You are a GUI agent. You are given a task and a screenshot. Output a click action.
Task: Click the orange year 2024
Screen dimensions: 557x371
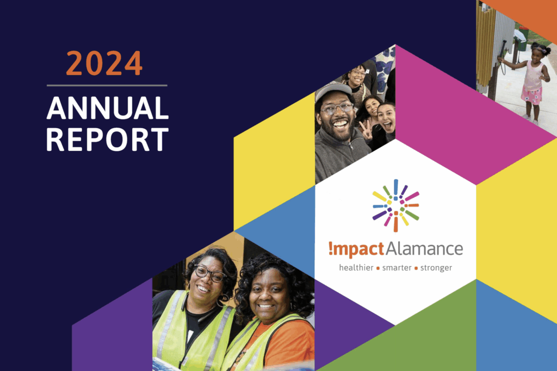point(104,63)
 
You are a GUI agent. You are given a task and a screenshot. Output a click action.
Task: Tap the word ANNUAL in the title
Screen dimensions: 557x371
point(107,108)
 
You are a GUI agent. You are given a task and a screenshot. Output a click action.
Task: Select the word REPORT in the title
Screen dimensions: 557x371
point(107,140)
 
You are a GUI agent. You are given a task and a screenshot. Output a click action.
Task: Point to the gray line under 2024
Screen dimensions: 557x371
point(107,85)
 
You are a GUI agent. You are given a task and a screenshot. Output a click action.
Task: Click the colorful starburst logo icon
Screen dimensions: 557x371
point(396,205)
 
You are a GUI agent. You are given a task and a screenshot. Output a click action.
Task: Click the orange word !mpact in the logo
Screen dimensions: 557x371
point(356,249)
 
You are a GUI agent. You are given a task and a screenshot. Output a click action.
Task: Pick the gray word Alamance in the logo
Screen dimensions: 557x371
point(424,249)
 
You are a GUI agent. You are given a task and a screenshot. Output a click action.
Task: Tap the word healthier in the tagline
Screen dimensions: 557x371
point(356,268)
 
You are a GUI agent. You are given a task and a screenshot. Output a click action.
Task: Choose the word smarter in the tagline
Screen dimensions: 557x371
point(397,268)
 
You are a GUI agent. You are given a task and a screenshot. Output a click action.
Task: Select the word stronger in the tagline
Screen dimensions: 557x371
point(436,268)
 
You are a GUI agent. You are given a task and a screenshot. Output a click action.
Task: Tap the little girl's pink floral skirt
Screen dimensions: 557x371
point(531,95)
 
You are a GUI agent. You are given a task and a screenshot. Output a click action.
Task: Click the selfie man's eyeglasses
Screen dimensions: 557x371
point(337,108)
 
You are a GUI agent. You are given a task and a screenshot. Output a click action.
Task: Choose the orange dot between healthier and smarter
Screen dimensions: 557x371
point(378,268)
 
